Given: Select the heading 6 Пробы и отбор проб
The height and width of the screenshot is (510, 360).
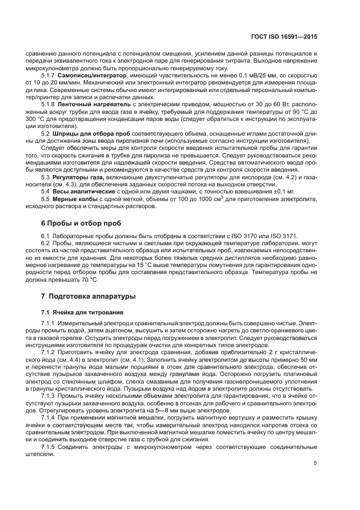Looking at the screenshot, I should tap(81, 223).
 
